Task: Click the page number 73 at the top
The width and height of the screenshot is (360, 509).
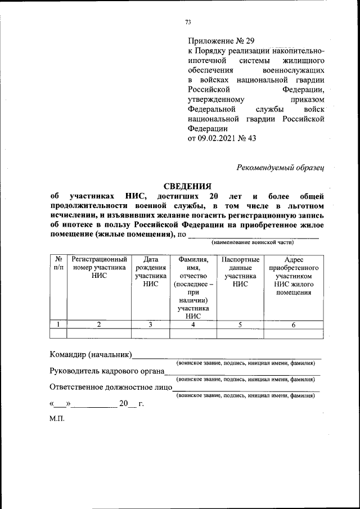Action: click(x=188, y=22)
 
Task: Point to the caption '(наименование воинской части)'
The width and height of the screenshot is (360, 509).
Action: click(x=253, y=242)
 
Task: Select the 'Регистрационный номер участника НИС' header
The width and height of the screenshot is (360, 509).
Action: click(x=99, y=268)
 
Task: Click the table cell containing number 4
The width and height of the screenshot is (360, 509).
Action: click(x=193, y=325)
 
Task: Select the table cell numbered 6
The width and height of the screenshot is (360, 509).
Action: click(x=294, y=325)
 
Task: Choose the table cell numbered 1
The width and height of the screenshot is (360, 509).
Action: click(x=58, y=325)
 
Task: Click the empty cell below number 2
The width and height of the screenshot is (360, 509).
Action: click(x=99, y=334)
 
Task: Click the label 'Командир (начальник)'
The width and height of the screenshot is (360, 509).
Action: click(x=91, y=355)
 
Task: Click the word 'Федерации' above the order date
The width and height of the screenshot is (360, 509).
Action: click(x=207, y=128)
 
